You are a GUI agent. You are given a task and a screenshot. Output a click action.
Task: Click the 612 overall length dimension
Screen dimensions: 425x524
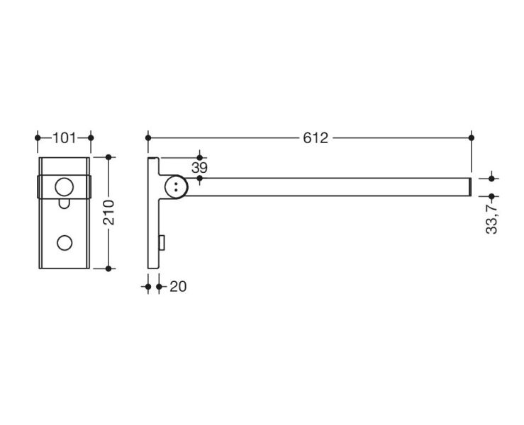(x=316, y=137)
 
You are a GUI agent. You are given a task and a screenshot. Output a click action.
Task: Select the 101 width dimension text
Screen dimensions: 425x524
(x=65, y=137)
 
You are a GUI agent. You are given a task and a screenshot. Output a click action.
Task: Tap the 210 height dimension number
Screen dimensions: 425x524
(x=108, y=212)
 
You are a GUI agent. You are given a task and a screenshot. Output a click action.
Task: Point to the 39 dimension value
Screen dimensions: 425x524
(x=199, y=167)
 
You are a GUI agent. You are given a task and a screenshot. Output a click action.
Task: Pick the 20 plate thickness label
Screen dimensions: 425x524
(x=178, y=287)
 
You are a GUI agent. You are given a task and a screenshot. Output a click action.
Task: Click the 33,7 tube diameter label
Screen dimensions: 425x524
(x=492, y=217)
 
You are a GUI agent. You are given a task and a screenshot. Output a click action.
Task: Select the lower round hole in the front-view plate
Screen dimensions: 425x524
(x=64, y=242)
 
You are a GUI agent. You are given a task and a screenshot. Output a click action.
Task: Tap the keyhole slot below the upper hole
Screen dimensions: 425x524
(x=64, y=204)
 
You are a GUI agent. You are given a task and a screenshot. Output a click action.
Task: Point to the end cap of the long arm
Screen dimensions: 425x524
(x=470, y=186)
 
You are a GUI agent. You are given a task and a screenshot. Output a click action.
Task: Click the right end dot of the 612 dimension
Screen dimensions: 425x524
(x=472, y=137)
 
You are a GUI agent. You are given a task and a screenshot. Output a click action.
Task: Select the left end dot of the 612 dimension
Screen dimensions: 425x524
(x=147, y=137)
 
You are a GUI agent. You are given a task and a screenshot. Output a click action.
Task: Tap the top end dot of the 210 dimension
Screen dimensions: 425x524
(x=108, y=157)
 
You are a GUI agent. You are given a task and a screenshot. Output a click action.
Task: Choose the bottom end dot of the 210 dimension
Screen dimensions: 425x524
(x=108, y=268)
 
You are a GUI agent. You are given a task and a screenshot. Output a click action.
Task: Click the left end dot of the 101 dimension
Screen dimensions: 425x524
(x=38, y=137)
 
